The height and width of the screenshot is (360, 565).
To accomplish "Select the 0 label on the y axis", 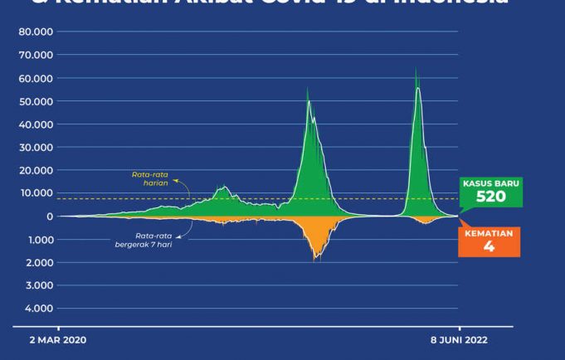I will point(50,216).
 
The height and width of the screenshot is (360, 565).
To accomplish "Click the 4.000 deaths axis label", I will point(38,309).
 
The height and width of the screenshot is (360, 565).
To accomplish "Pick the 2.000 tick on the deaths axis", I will point(38,262).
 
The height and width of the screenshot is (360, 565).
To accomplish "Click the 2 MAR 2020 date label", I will point(58,340).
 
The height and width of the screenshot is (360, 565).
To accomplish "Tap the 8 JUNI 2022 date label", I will point(458,340).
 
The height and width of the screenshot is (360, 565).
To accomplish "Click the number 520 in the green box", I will point(490,197).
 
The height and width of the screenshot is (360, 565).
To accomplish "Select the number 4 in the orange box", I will point(489,246).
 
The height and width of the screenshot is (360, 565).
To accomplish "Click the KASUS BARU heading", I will point(490,183).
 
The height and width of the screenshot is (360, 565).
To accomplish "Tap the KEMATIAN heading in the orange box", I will point(489,233).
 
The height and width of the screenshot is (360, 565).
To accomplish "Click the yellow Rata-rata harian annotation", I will point(150,178).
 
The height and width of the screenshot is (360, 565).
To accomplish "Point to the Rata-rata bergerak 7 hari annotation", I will point(144,241).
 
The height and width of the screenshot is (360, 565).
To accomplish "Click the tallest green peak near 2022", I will point(416,70).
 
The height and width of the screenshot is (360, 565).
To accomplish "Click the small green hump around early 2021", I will point(222,188).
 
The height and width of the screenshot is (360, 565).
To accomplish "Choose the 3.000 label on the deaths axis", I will point(38,285).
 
